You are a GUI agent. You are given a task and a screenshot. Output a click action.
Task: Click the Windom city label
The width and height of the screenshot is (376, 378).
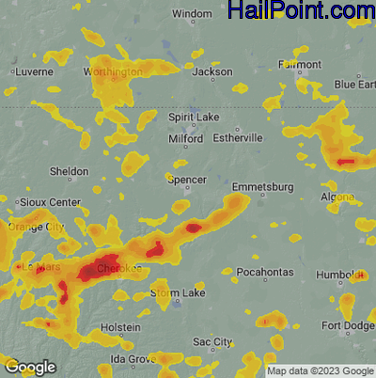(193, 14)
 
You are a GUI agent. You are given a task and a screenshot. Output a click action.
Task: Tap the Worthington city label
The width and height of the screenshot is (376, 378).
(112, 71)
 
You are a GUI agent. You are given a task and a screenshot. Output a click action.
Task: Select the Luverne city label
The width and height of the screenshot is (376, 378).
(36, 71)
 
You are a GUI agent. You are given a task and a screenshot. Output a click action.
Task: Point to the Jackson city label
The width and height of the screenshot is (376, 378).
(211, 71)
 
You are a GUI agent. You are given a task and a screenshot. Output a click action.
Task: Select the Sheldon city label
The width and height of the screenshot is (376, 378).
(69, 171)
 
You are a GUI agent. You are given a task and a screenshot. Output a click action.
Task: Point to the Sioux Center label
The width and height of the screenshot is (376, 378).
(50, 202)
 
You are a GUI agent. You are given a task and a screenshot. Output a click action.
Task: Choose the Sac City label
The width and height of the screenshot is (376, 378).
(211, 340)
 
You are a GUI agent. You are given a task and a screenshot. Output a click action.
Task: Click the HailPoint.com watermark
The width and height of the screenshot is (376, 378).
(302, 12)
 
